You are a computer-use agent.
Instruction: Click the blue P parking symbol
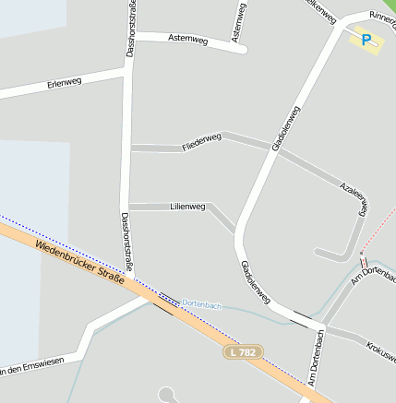[x=366, y=40]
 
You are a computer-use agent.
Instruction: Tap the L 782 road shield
[x=244, y=351]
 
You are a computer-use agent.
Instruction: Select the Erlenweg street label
[x=65, y=84]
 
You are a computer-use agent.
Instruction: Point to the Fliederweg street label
[x=202, y=142]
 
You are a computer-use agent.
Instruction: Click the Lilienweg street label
[x=187, y=207]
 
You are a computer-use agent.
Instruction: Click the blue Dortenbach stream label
[x=200, y=303]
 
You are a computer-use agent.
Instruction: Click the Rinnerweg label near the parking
[x=381, y=18]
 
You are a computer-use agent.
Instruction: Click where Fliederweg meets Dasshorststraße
[x=129, y=148]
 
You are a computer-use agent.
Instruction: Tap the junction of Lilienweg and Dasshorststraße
[x=129, y=206]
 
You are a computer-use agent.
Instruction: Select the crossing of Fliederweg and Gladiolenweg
[x=273, y=149]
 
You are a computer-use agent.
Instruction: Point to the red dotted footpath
[x=374, y=240]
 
